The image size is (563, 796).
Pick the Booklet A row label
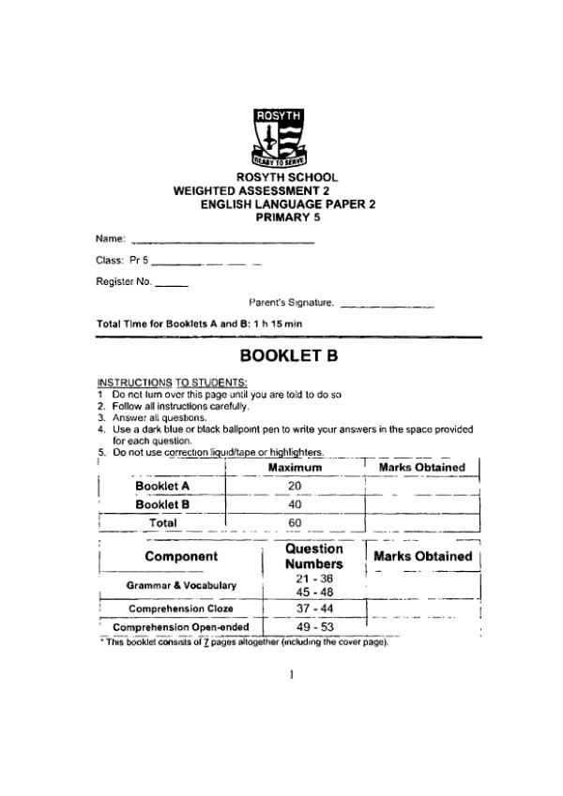tap(162, 486)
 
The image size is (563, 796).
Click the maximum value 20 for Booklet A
tap(294, 486)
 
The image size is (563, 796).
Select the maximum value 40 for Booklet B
tap(294, 504)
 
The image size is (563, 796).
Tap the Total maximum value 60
tap(294, 523)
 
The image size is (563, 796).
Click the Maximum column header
tap(295, 467)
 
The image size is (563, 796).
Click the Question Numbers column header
tap(313, 557)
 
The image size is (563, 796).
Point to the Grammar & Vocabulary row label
tap(182, 586)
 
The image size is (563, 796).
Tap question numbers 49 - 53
tap(313, 627)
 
